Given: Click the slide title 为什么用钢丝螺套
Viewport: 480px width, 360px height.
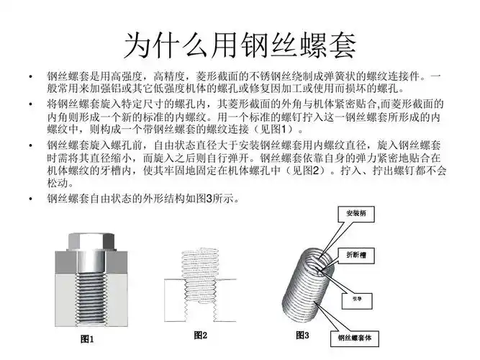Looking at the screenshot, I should [240, 44].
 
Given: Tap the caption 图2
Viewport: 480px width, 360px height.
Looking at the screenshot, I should [201, 336].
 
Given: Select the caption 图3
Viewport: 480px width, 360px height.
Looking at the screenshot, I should [302, 336].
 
